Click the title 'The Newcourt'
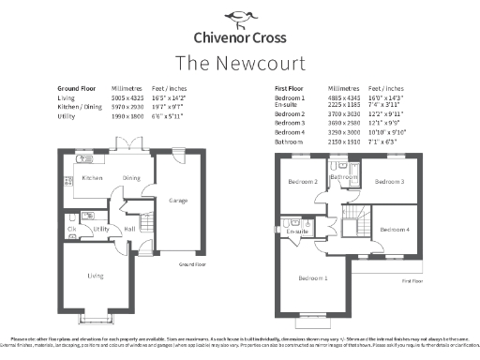240,62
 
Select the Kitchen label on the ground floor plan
92,177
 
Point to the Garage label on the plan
178,200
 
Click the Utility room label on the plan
101,229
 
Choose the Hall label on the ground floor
130,229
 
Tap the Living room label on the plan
96,275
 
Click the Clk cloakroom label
71,229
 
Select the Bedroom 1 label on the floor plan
313,277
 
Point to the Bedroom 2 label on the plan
302,181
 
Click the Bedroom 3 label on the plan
390,181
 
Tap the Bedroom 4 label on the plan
395,229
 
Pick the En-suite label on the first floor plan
298,231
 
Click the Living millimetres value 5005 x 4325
128,97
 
